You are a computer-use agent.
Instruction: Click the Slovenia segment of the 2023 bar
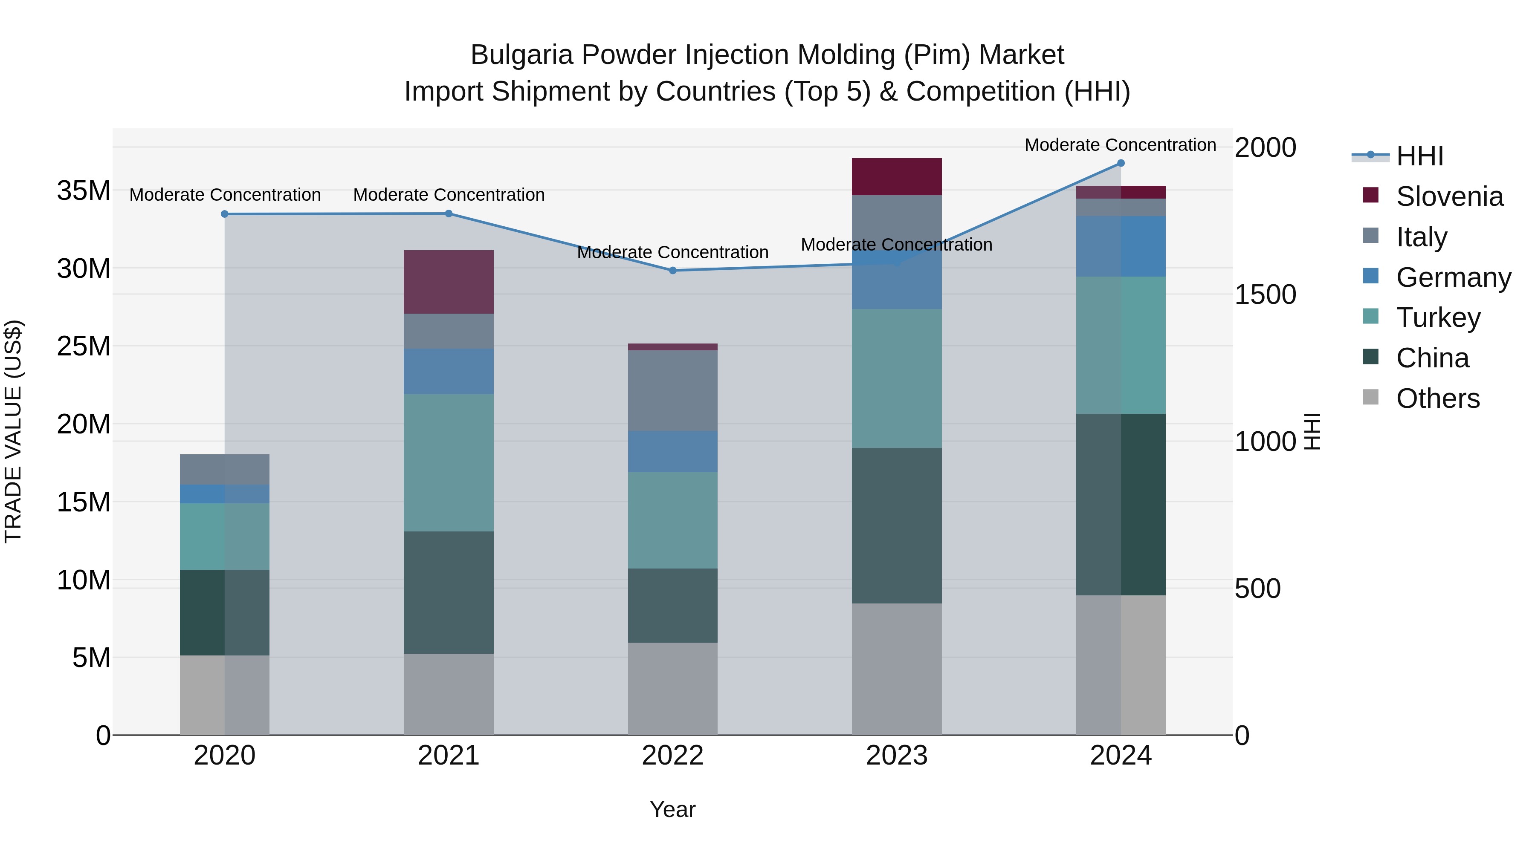(896, 176)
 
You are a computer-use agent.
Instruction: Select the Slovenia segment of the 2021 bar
(448, 282)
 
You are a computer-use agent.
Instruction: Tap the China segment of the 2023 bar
(896, 525)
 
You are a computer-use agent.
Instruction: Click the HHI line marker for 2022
(673, 270)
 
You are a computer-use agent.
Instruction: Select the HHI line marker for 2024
(1121, 163)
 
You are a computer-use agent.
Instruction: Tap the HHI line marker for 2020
(225, 214)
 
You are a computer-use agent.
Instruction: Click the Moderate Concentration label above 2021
(449, 195)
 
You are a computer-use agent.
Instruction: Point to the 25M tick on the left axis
(84, 346)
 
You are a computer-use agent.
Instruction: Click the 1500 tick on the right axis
(1265, 294)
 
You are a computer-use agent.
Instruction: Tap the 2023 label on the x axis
(896, 756)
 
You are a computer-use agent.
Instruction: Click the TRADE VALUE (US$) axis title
(13, 431)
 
